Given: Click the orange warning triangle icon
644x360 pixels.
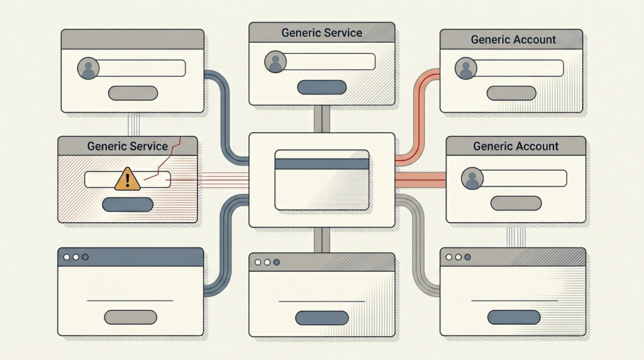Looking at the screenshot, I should coord(128,179).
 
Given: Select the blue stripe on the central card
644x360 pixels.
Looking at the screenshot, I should coord(321,164).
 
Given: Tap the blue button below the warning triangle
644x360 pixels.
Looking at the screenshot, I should coord(128,204).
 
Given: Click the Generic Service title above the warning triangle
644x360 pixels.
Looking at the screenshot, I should coord(128,146).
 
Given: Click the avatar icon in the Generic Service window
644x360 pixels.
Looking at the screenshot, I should coord(275,62).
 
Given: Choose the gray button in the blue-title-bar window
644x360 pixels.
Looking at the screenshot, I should coord(130,317).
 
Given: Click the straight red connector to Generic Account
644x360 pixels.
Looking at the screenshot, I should coord(420,181).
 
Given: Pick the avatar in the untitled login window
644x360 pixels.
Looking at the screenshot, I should coord(88,68).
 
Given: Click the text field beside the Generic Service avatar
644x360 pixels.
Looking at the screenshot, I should coord(330,61).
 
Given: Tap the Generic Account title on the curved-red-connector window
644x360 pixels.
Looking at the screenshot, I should coord(513,39).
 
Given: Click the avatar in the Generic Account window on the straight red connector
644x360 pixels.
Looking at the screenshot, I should coord(472,179).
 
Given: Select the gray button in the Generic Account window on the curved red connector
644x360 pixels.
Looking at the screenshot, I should coord(512,93).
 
